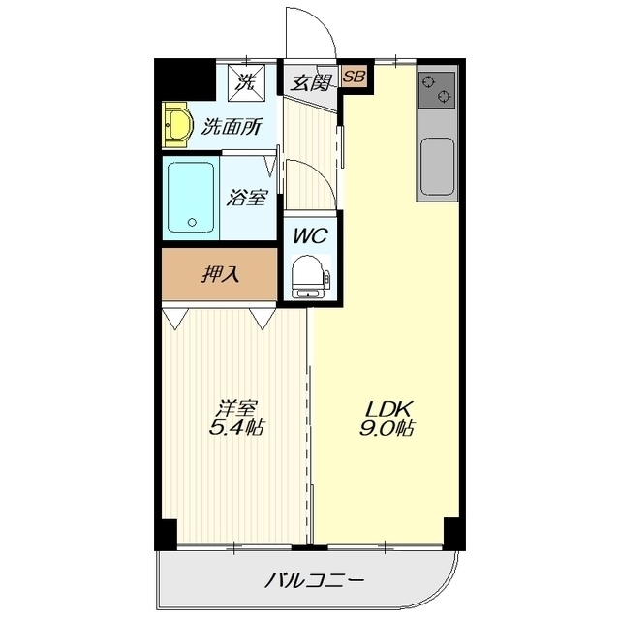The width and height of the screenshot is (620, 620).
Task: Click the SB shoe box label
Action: pos(354,77)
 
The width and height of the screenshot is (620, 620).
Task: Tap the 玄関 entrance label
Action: pos(309,81)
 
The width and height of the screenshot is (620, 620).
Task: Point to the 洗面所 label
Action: pos(231,125)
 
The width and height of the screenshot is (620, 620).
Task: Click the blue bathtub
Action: pos(190,198)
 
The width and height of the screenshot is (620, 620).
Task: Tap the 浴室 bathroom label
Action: pos(247,198)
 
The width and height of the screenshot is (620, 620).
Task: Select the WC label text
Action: pos(310,234)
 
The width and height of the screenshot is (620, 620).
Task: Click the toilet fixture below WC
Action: pos(309,275)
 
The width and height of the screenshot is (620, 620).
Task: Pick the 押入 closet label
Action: pos(220,274)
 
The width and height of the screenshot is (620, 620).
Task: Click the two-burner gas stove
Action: pos(437,90)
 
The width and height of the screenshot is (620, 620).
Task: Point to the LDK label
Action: pos(382,407)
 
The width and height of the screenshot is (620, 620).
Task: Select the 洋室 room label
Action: pos(236,407)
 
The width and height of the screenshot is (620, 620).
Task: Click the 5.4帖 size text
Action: pos(236,428)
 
